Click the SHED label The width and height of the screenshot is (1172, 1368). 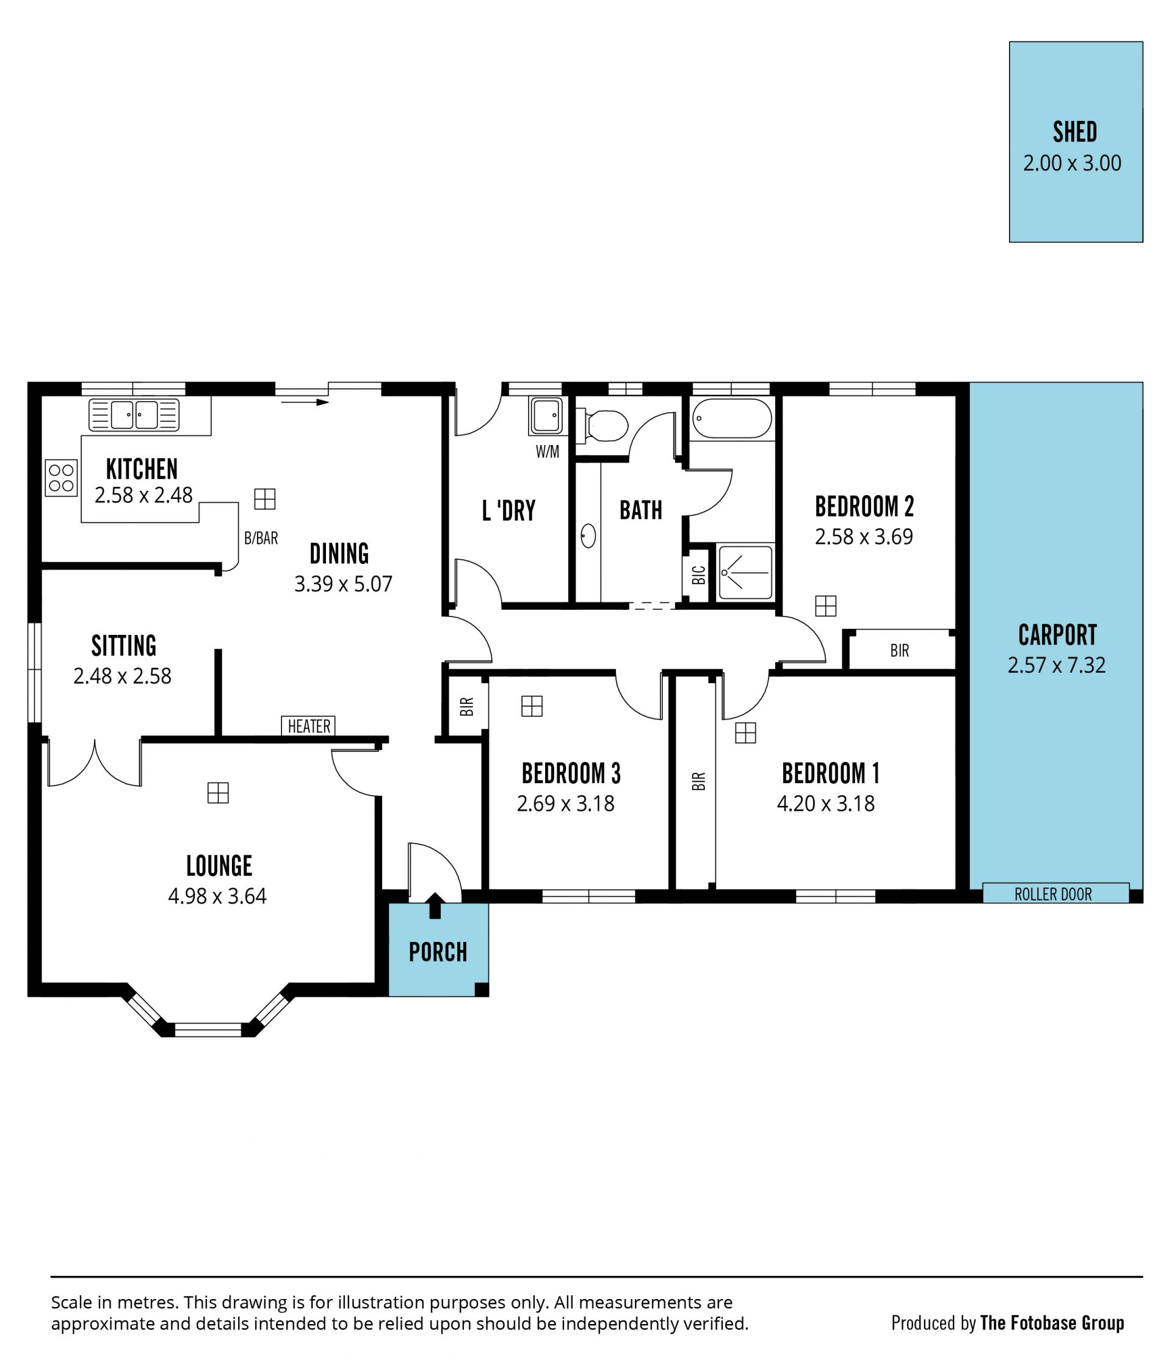(1074, 132)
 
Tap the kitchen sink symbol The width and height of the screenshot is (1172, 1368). (134, 415)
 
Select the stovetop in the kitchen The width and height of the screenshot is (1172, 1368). (62, 478)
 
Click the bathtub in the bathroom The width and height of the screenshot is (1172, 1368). (732, 418)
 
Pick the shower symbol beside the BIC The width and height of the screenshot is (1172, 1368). (745, 572)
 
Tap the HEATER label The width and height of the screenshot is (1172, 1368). (308, 726)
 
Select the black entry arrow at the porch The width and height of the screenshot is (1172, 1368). (435, 905)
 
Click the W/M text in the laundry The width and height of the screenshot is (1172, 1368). (548, 452)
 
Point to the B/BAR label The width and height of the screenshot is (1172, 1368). (261, 538)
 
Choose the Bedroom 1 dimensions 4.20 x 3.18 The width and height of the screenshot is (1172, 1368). (825, 803)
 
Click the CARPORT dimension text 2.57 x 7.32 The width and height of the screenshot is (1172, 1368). (1056, 665)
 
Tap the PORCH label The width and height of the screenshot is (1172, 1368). (438, 952)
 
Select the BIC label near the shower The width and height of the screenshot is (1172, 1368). (698, 575)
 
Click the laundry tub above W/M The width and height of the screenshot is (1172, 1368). (546, 415)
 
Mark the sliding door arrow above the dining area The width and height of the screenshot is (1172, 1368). (305, 402)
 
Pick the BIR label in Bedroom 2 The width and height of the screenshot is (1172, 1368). (899, 651)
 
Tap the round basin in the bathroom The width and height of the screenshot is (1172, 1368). (588, 536)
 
